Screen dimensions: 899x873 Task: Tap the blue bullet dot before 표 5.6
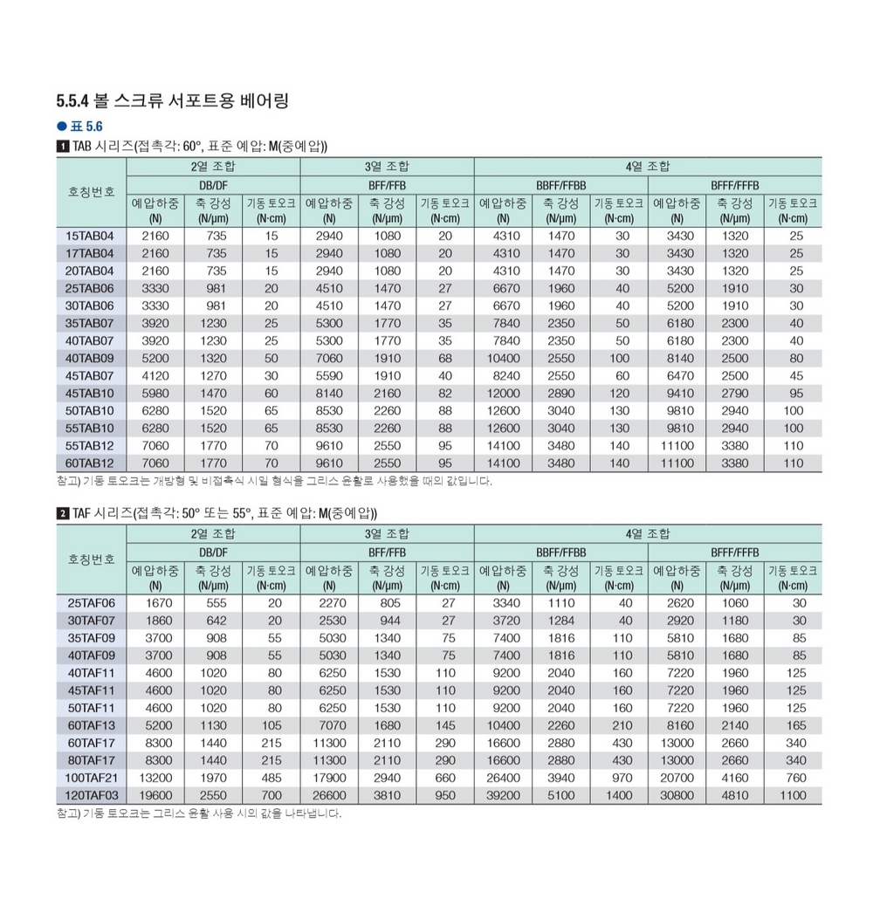coord(61,126)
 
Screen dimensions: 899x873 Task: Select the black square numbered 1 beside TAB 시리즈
coord(61,146)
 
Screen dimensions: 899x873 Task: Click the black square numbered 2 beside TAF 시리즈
coord(61,512)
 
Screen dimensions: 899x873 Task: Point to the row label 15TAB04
coord(91,236)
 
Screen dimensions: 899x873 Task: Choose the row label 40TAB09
coord(91,358)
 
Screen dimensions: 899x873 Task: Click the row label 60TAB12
coord(91,463)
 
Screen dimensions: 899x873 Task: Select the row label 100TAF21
coord(90,778)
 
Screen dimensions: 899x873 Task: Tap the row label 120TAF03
coord(90,795)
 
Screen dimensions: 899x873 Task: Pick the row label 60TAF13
coord(91,725)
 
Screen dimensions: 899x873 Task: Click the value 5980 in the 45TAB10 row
coord(155,393)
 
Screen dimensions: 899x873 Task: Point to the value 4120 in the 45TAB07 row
coord(155,375)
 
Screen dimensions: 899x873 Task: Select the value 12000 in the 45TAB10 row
coord(503,393)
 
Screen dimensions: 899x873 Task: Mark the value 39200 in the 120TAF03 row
coord(503,795)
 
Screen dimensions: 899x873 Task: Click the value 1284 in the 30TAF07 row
coord(561,621)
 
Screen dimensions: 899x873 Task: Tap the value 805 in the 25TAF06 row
coord(387,603)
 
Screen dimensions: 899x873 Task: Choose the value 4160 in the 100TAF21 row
coord(735,778)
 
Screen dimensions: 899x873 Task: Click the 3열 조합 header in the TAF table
coord(387,533)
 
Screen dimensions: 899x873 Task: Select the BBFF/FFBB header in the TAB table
coord(560,186)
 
